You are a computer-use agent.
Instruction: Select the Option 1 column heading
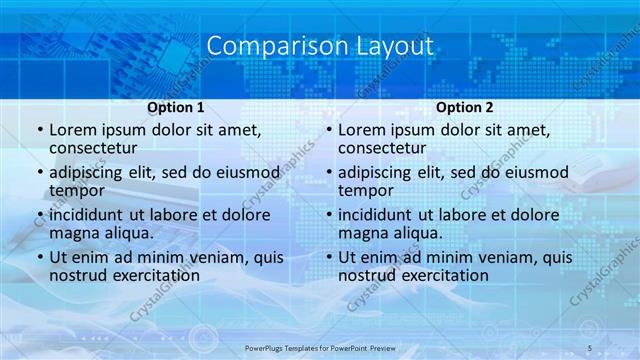(176, 108)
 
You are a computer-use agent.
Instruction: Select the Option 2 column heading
(465, 108)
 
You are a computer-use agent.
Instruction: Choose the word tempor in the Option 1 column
(77, 190)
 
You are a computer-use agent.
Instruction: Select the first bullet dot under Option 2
(329, 131)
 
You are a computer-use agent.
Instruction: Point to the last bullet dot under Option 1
(40, 258)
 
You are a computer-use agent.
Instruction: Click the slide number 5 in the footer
(590, 347)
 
